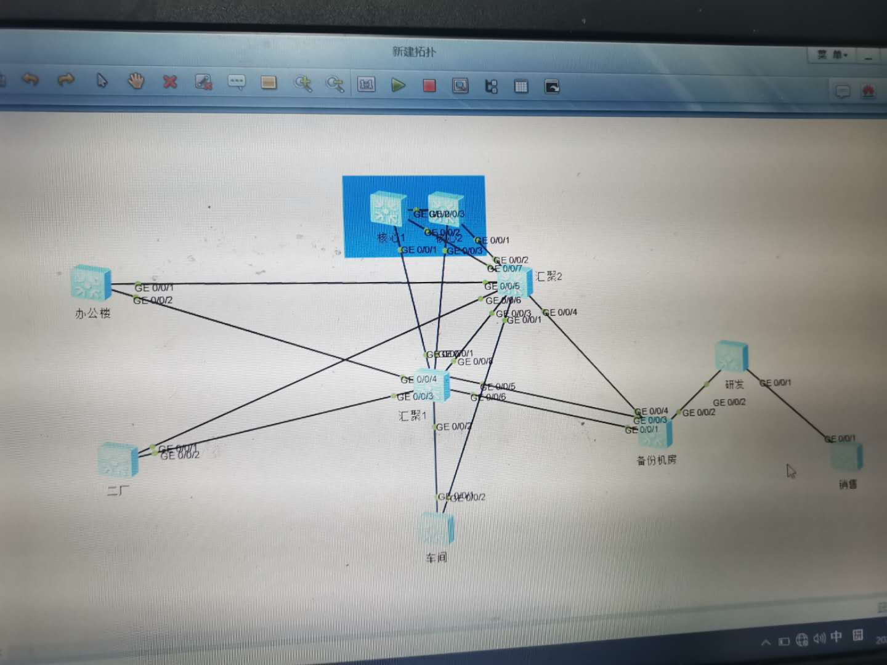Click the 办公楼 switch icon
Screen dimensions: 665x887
(91, 284)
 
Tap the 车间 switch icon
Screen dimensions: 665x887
(437, 528)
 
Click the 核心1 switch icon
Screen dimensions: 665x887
(387, 209)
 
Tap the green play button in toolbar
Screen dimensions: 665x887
(399, 85)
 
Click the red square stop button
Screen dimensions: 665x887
(429, 86)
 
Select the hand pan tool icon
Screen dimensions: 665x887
(136, 81)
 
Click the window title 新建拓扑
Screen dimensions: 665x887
(414, 52)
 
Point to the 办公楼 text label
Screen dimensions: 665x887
(92, 313)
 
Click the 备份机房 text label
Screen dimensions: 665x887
(657, 460)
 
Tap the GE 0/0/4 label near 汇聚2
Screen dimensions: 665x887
(561, 312)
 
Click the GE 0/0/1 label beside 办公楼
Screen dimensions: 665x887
(154, 287)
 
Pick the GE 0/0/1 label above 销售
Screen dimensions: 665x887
(840, 438)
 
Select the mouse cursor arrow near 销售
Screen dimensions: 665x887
(791, 471)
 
